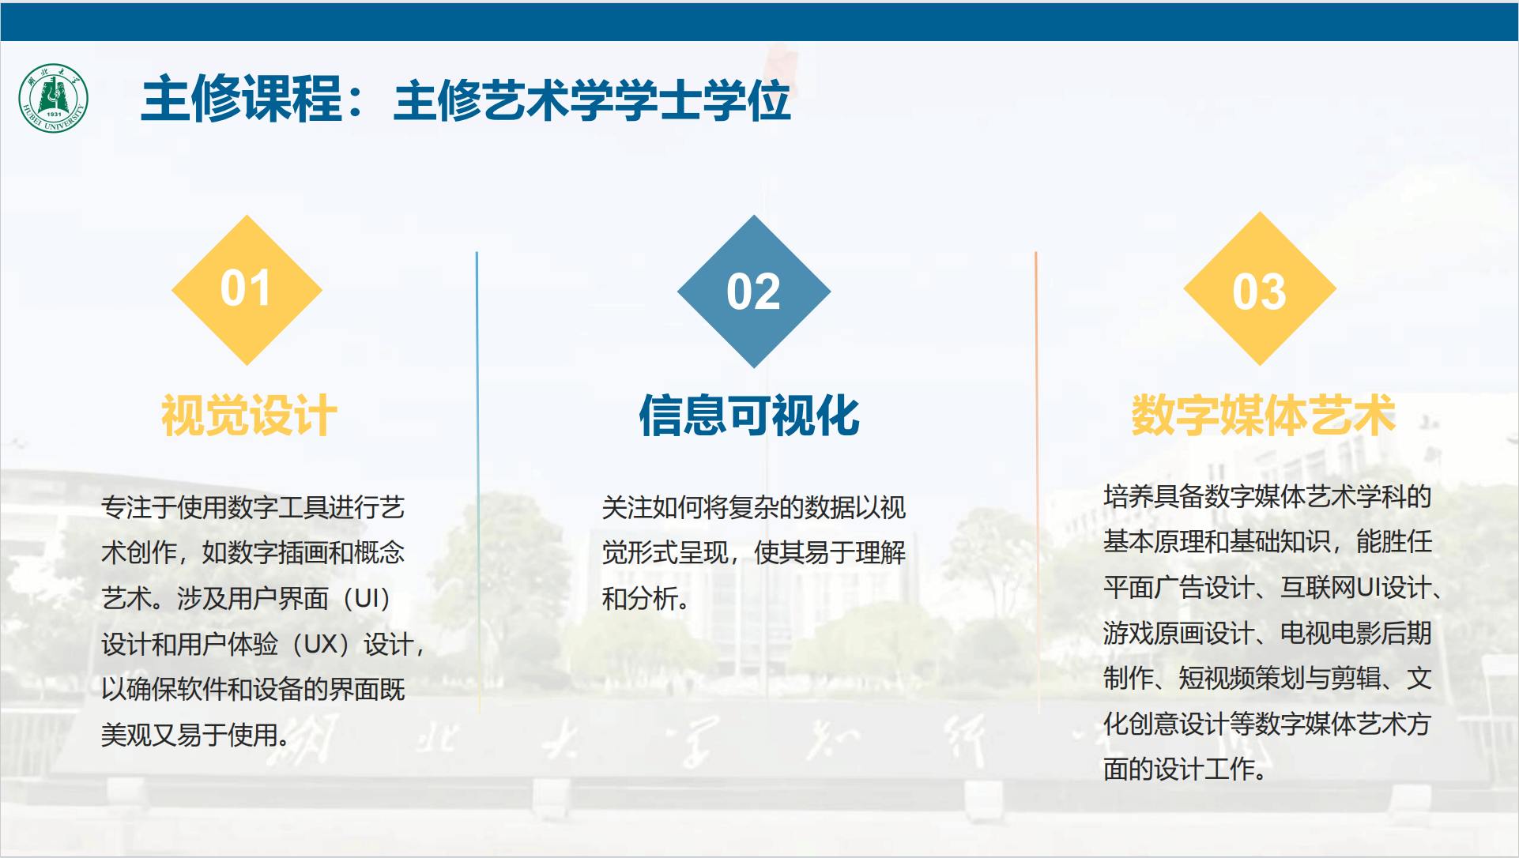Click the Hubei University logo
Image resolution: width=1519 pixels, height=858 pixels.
pyautogui.click(x=53, y=99)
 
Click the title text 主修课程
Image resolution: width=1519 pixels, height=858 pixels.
pyautogui.click(x=242, y=100)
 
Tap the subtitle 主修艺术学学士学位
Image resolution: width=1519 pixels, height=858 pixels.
pyautogui.click(x=592, y=101)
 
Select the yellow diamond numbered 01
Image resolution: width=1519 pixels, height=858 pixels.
pyautogui.click(x=247, y=290)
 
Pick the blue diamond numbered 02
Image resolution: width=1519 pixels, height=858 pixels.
pyautogui.click(x=754, y=292)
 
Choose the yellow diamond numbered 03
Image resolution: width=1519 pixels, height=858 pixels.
pyautogui.click(x=1260, y=289)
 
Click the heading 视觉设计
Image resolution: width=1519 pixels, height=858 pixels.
pyautogui.click(x=249, y=416)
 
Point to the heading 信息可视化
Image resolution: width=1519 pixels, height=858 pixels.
pyautogui.click(x=749, y=416)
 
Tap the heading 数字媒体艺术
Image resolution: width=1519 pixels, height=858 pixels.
pyautogui.click(x=1263, y=416)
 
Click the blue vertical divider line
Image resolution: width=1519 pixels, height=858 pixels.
pyautogui.click(x=477, y=482)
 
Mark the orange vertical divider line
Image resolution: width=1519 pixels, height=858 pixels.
pyautogui.click(x=1036, y=482)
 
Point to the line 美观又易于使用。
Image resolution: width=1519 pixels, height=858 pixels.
pyautogui.click(x=195, y=736)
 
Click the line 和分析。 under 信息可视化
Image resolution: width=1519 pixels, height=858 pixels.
pyautogui.click(x=646, y=599)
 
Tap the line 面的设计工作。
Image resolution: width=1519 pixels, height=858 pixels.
pyautogui.click(x=1185, y=769)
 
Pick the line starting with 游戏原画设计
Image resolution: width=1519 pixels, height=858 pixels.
pyautogui.click(x=1268, y=633)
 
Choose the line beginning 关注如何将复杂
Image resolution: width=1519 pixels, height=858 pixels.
pyautogui.click(x=754, y=507)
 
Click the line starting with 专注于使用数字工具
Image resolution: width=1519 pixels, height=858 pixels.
pyautogui.click(x=253, y=507)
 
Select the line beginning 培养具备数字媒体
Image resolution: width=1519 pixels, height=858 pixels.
pyautogui.click(x=1268, y=496)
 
